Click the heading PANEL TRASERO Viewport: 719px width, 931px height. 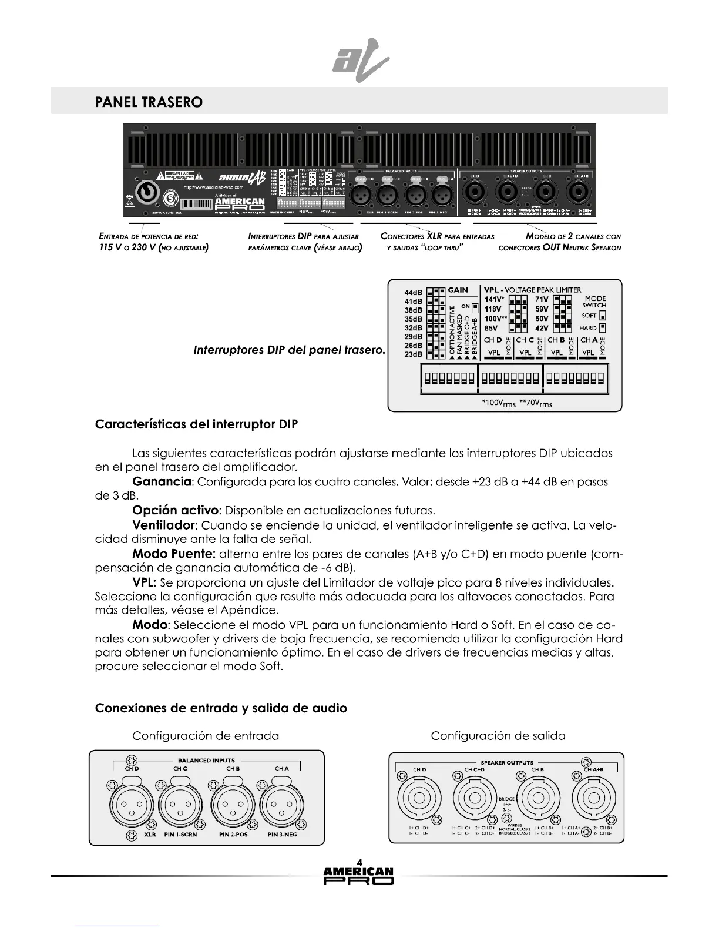click(x=149, y=102)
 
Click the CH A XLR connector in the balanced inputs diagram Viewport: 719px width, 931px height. click(x=281, y=805)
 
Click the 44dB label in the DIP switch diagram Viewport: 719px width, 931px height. click(x=414, y=293)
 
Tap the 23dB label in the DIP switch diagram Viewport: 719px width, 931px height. click(x=414, y=354)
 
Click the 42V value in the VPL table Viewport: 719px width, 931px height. click(x=542, y=328)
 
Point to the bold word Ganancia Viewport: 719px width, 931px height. click(x=163, y=482)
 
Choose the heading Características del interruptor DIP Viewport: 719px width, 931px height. click(x=196, y=424)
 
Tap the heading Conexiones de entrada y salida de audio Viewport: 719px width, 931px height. click(x=221, y=708)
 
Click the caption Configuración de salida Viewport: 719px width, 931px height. click(x=498, y=736)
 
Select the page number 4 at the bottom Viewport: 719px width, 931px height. click(x=359, y=862)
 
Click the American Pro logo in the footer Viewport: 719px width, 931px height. click(x=359, y=875)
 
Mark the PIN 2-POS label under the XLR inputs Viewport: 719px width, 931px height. click(x=233, y=834)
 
